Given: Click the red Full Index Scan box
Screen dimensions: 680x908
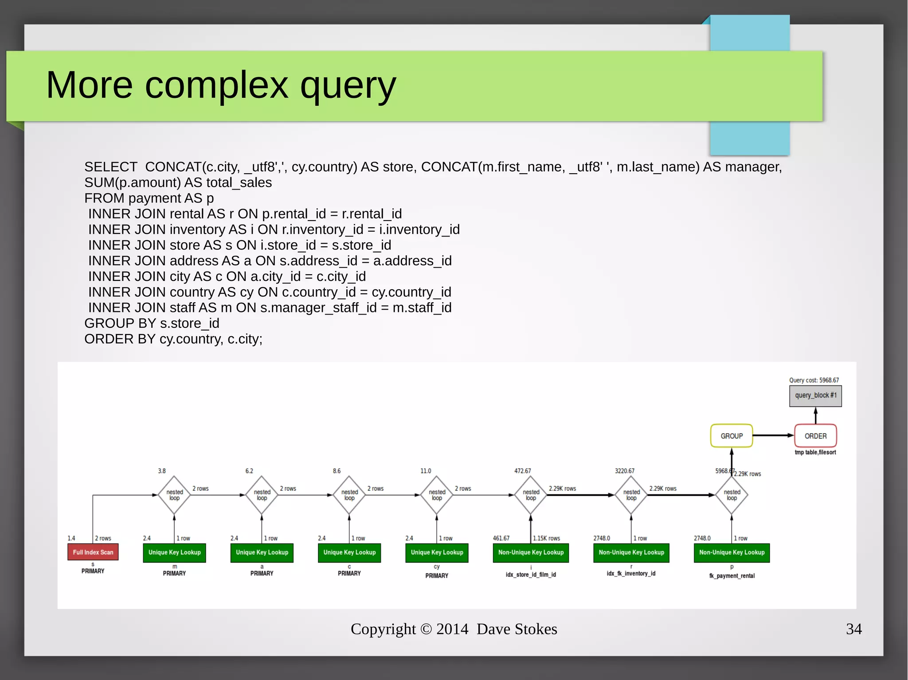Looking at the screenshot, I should coord(93,552).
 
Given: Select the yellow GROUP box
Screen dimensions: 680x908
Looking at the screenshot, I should coord(731,436).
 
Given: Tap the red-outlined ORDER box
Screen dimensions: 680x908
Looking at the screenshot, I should coord(815,436).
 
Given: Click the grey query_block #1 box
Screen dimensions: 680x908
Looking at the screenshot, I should coord(815,396).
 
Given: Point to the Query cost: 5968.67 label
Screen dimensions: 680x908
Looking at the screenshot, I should coord(814,380).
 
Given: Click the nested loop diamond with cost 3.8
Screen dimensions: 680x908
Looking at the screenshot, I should coord(174,495).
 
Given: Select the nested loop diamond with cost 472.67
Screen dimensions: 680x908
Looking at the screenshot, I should coord(531,495).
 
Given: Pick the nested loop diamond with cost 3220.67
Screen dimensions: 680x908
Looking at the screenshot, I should coord(631,495).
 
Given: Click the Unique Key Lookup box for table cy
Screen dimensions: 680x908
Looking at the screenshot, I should coord(437,552).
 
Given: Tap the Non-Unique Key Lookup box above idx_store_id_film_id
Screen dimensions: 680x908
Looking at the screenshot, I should coord(531,552).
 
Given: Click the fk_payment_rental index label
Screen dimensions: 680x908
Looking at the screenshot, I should coord(732,576).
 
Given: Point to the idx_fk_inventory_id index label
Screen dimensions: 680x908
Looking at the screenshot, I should coord(631,574).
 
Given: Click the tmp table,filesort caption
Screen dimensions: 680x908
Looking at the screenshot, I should coord(815,452).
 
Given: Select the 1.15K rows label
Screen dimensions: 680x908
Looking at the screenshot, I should coord(546,538).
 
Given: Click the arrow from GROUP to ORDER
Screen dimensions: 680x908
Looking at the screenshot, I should coord(773,435).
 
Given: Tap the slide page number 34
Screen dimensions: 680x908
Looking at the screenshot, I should coord(853,629).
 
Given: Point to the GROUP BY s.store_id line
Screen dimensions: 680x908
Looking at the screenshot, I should coord(152,323).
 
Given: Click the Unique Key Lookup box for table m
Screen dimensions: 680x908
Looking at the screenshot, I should coord(174,552).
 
